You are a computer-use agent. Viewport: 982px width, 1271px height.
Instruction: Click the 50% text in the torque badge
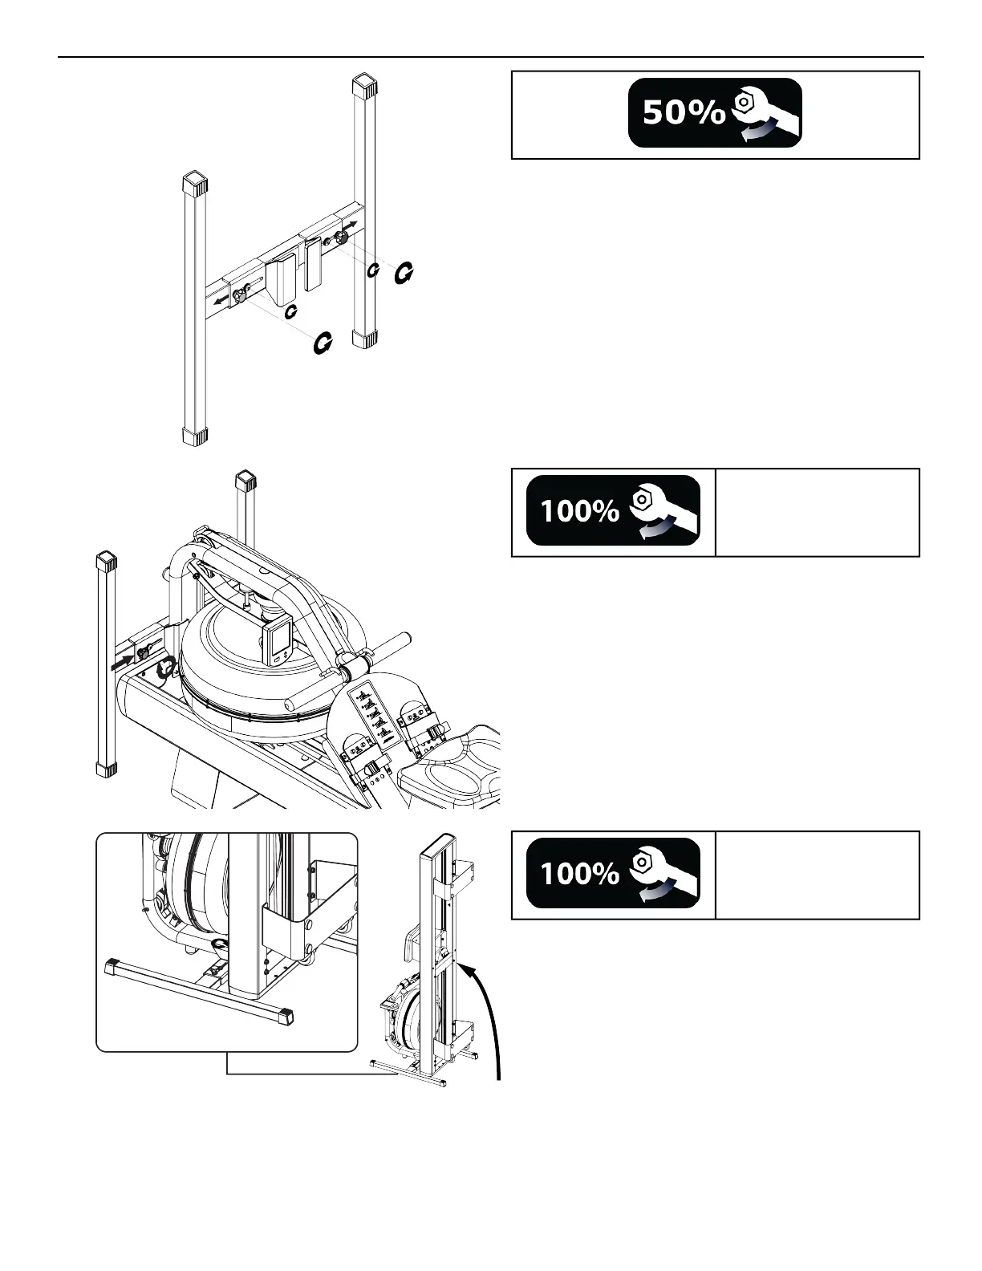[684, 114]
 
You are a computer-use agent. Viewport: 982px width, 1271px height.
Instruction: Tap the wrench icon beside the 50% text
[763, 113]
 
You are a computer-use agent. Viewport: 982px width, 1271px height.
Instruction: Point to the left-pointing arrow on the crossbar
[219, 301]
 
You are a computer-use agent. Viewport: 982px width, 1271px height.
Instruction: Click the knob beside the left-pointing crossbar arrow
[239, 297]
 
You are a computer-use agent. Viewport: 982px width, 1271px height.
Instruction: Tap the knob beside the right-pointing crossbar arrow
[341, 238]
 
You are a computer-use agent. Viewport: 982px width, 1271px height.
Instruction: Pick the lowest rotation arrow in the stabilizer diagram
[323, 343]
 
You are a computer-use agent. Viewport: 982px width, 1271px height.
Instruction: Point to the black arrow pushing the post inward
[123, 660]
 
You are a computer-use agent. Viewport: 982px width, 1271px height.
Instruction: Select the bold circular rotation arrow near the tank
[168, 666]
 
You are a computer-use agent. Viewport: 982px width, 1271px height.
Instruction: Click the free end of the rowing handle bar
[406, 644]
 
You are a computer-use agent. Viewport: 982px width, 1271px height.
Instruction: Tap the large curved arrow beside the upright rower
[485, 1019]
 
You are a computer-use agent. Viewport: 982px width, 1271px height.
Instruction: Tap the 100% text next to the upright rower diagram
[579, 873]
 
